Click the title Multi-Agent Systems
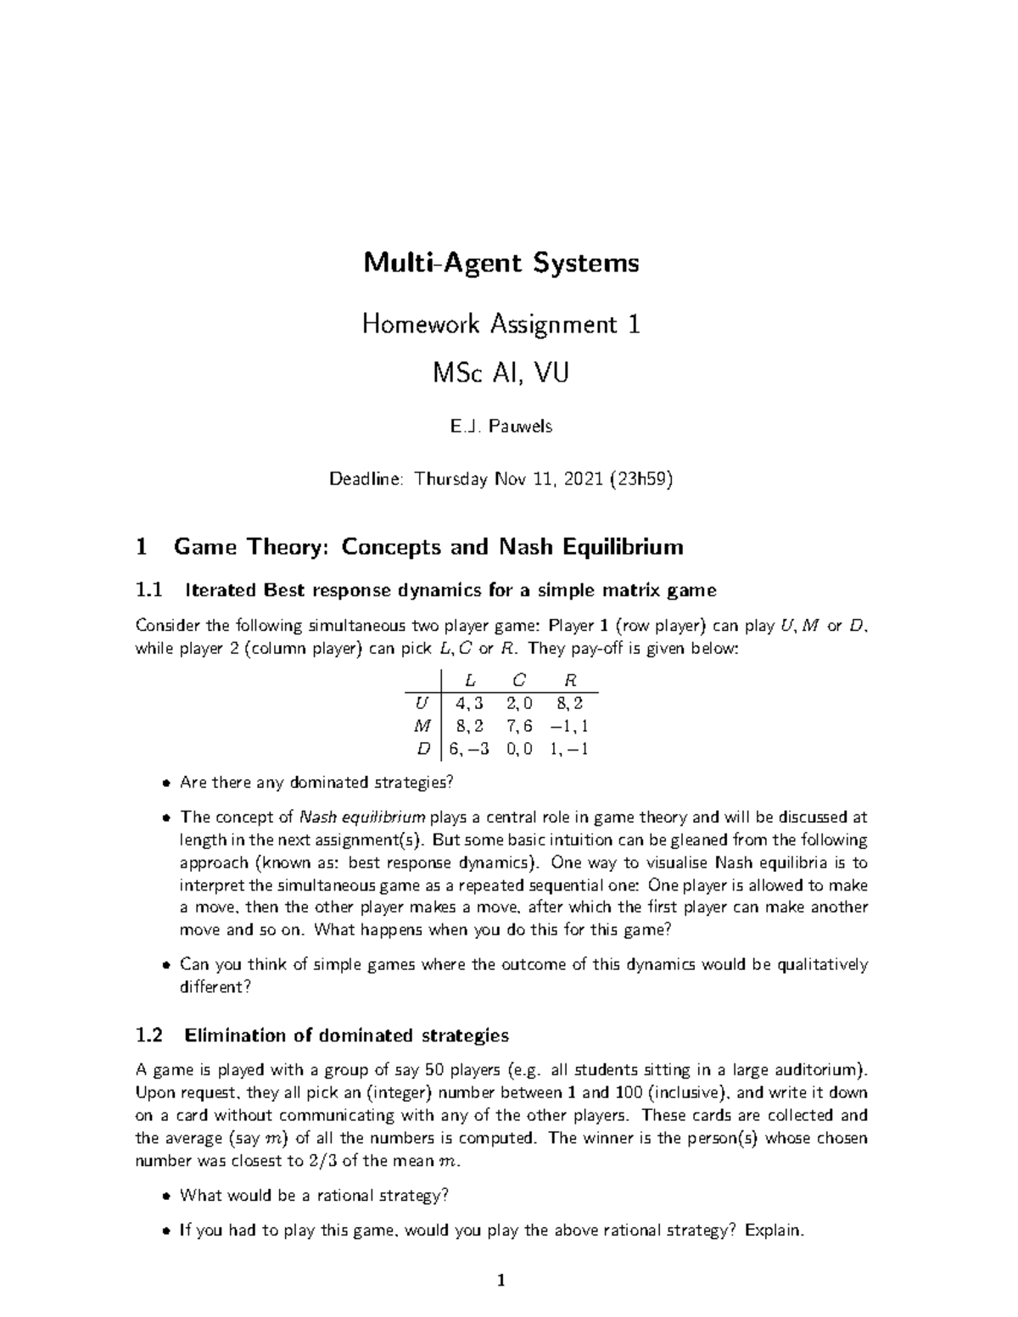(501, 263)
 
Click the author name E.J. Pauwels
(501, 427)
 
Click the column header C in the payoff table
(519, 680)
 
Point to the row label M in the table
(422, 726)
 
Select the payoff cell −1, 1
(568, 726)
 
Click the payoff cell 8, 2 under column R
(570, 703)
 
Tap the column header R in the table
(570, 680)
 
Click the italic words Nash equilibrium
(363, 818)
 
